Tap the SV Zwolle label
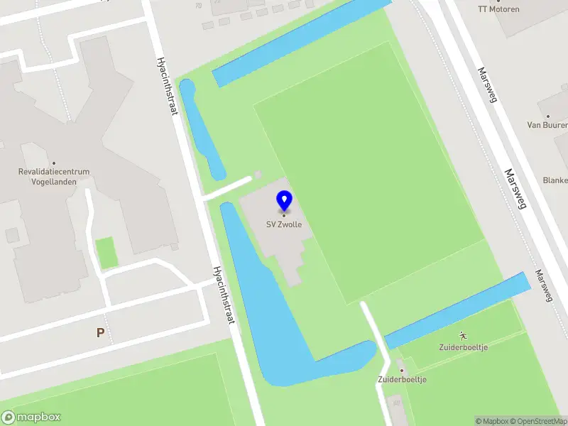[284, 225]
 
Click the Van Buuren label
[546, 125]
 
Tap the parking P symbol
[100, 332]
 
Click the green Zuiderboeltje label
[463, 347]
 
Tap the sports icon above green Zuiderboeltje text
[463, 335]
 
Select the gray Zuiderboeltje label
[402, 380]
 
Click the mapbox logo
[31, 417]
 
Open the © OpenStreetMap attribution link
[537, 421]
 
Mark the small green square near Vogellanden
[106, 253]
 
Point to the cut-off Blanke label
[555, 180]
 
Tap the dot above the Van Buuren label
[547, 115]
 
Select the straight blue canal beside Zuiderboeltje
[458, 310]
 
